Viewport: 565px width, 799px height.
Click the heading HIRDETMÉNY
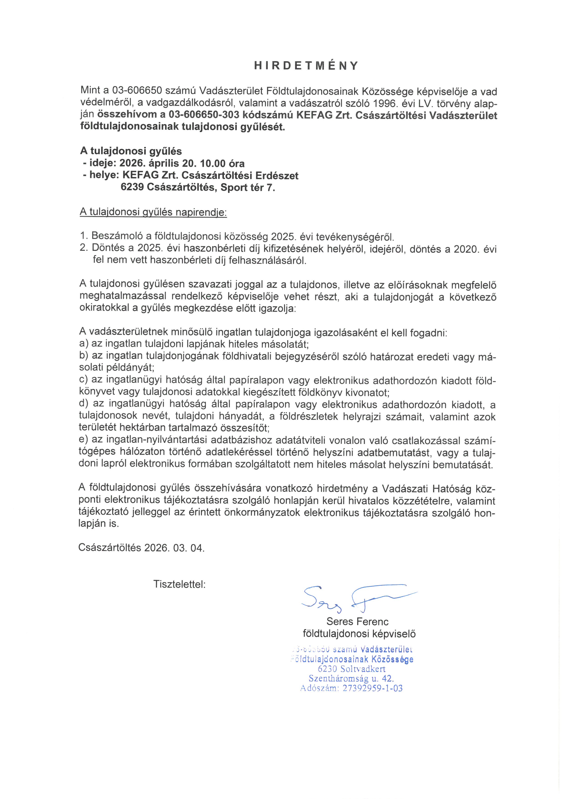[306, 66]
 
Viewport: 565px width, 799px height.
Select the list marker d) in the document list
[84, 404]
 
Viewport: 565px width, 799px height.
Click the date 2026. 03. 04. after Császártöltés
[174, 548]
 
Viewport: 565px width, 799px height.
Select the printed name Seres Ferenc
[357, 622]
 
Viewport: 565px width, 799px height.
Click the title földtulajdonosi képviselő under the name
[359, 634]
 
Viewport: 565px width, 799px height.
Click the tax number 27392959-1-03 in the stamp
[372, 688]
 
